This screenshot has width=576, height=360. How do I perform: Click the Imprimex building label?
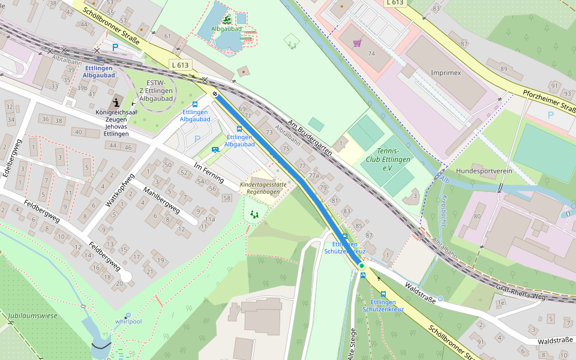(x=446, y=73)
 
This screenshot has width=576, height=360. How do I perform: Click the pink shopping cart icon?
(x=358, y=43)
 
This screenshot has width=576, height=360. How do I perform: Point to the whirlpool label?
(x=128, y=321)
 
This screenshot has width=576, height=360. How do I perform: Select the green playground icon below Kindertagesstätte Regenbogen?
(x=254, y=214)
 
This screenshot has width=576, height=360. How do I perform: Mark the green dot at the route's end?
(x=361, y=265)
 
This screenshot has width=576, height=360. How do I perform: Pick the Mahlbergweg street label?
(x=161, y=200)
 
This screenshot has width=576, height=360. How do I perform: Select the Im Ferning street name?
(x=208, y=173)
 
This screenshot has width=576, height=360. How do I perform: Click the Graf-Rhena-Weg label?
(x=520, y=292)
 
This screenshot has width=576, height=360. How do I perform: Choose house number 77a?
(x=313, y=176)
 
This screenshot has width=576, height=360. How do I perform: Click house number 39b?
(x=82, y=88)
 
